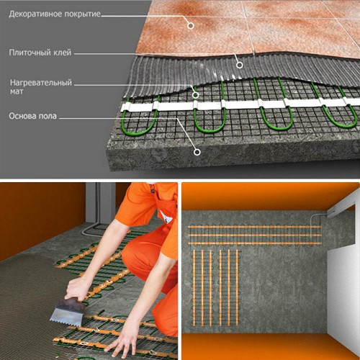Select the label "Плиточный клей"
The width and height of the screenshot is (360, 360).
click(x=40, y=53)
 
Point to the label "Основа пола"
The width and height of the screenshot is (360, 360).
click(x=32, y=114)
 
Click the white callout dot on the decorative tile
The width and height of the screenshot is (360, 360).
click(x=191, y=25)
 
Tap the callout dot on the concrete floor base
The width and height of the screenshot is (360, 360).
click(x=197, y=151)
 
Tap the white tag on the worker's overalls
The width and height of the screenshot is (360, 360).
click(x=166, y=217)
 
